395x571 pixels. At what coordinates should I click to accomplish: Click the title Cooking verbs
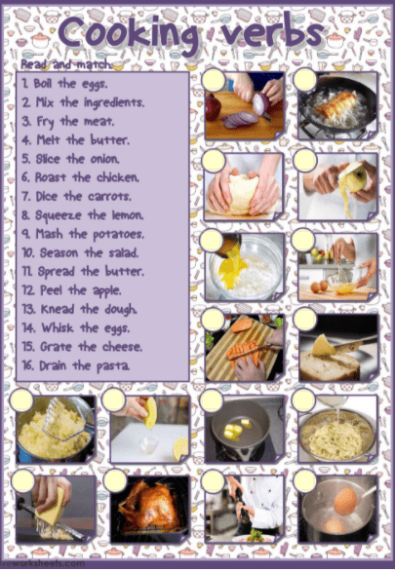point(195,32)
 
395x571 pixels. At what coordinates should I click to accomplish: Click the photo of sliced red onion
point(244,105)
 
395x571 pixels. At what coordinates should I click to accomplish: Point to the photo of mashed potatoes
point(56,429)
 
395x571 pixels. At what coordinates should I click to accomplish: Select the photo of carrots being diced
point(244,348)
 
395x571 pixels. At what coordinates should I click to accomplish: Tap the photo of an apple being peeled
point(339,185)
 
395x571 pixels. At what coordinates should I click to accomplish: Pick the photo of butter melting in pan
point(244,429)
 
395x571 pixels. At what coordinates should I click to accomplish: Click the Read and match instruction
point(64,64)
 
